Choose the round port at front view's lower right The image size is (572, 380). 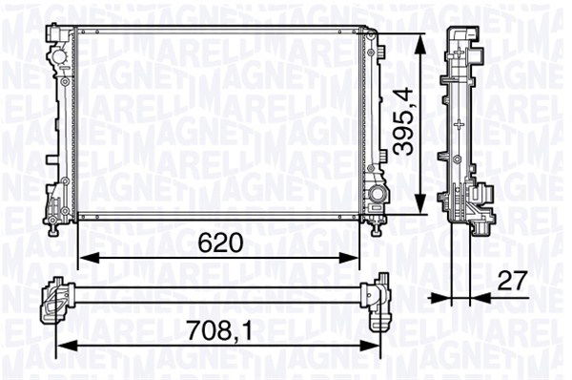click(x=378, y=196)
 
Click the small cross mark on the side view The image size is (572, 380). click(x=460, y=123)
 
